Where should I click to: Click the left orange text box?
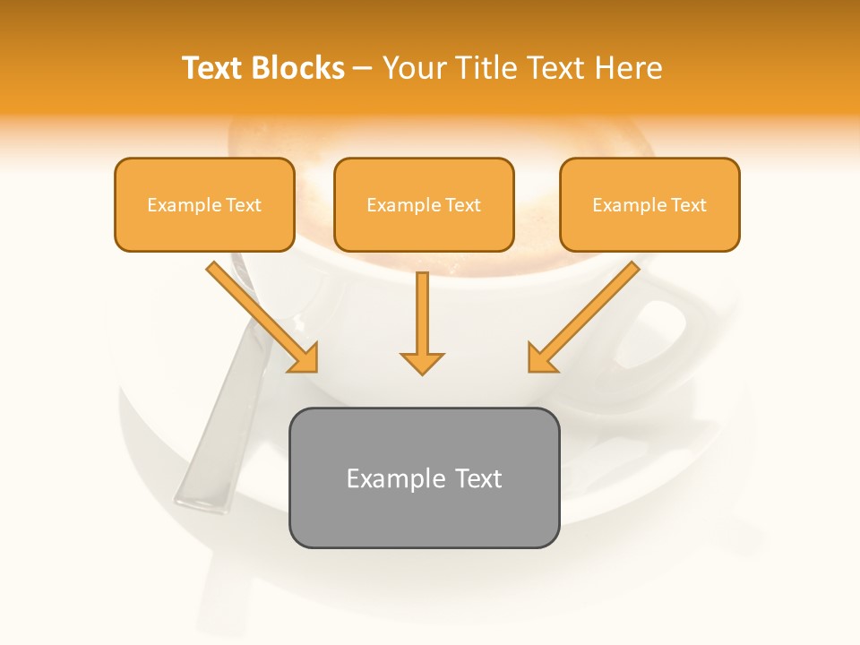click(x=204, y=204)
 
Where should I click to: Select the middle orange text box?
click(x=424, y=204)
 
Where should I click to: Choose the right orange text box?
click(x=649, y=204)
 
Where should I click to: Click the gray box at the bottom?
click(x=424, y=477)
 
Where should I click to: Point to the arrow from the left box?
click(x=260, y=315)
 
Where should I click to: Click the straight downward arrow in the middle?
click(x=422, y=318)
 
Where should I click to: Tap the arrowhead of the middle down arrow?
click(x=422, y=362)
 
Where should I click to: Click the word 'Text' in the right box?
click(x=688, y=205)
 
